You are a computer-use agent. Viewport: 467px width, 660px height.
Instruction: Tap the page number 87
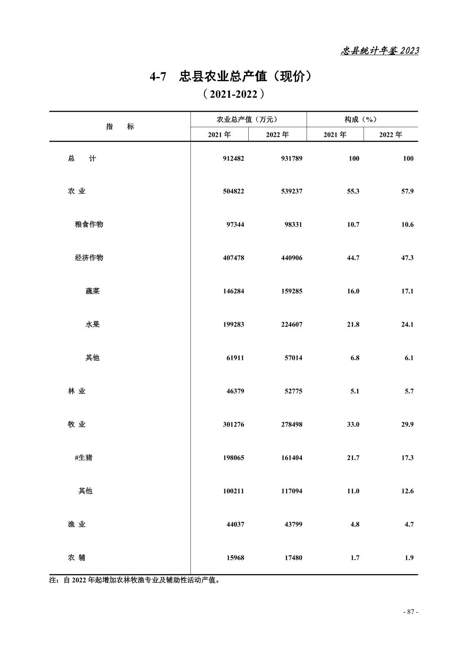(410, 612)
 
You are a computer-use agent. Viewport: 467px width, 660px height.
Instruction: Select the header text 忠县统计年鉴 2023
(379, 51)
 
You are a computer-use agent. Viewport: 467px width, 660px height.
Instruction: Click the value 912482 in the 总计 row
(233, 158)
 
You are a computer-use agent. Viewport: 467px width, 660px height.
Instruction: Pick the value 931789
(291, 158)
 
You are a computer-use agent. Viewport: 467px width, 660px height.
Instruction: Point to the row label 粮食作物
(89, 224)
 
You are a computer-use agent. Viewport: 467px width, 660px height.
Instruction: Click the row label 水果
(92, 324)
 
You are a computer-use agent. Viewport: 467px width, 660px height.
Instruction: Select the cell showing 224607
(291, 324)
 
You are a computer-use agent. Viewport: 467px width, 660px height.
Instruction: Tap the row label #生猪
(83, 458)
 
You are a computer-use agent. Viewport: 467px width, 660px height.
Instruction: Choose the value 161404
(291, 458)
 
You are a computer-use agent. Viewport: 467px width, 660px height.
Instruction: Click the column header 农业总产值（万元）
(247, 119)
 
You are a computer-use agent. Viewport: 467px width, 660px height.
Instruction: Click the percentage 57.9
(407, 191)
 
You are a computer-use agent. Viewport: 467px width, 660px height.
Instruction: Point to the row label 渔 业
(77, 524)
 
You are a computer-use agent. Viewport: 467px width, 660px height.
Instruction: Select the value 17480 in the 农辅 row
(294, 558)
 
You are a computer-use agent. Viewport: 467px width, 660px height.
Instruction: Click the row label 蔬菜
(92, 291)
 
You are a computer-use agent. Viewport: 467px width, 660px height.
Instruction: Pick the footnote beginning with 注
(134, 580)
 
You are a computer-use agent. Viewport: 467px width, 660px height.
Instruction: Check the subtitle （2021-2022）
(233, 94)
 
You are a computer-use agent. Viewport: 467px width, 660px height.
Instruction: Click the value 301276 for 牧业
(233, 424)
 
